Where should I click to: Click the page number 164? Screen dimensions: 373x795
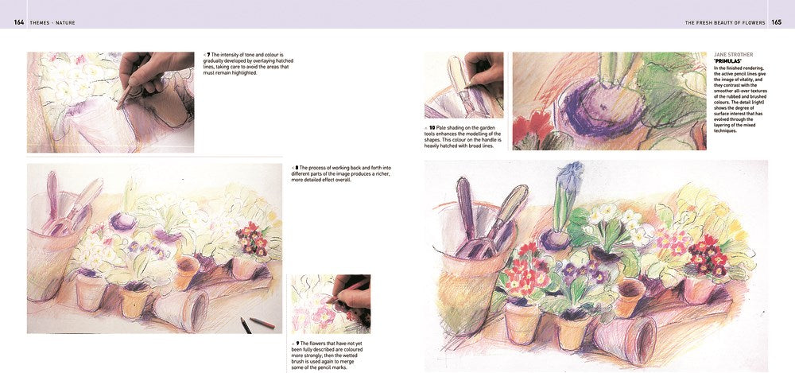19,22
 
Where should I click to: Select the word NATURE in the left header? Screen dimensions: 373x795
65,22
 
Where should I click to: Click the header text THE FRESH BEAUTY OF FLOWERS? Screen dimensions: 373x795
724,22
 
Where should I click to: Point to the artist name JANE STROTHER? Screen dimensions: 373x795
734,55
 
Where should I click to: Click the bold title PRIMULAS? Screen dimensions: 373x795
724,61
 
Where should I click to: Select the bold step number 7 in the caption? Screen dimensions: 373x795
208,55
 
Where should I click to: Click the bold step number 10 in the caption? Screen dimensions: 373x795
432,127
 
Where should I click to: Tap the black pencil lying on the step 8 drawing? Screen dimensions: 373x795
244,324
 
